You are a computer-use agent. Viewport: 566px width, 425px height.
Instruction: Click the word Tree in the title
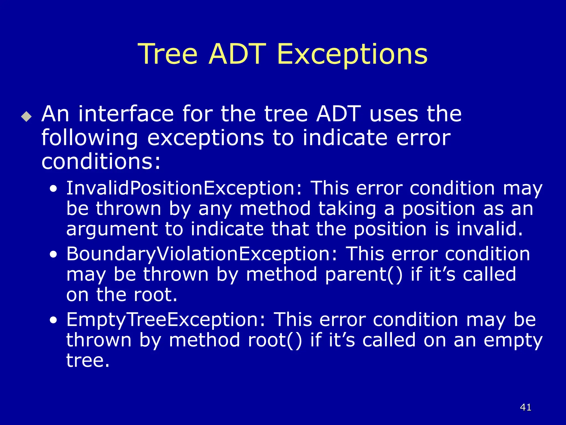(167, 54)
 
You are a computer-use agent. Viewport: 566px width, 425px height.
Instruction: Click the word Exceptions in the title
(352, 54)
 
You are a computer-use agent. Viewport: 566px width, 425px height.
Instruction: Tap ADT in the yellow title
(237, 54)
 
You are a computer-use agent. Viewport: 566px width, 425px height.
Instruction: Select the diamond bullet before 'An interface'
(27, 116)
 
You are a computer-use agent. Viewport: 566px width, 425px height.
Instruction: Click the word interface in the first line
(126, 114)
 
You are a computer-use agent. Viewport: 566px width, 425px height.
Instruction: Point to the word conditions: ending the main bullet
(101, 162)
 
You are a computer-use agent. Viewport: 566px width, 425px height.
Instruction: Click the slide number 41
(525, 407)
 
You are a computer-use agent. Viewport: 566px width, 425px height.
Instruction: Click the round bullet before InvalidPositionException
(54, 189)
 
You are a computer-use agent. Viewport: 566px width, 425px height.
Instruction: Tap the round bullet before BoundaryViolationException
(54, 255)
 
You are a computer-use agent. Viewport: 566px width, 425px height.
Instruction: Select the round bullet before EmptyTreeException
(54, 320)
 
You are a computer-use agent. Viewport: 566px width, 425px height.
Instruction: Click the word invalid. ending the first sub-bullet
(489, 229)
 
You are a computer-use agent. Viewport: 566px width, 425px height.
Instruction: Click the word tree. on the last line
(88, 361)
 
